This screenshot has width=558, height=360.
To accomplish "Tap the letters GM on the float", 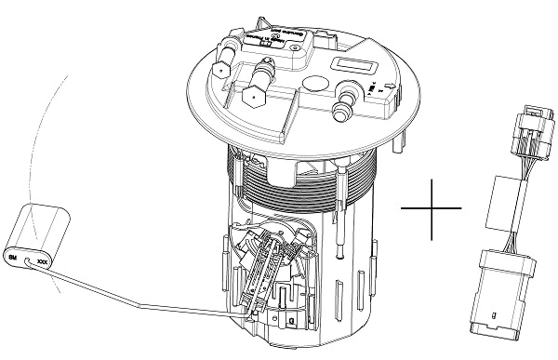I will click(14, 254).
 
